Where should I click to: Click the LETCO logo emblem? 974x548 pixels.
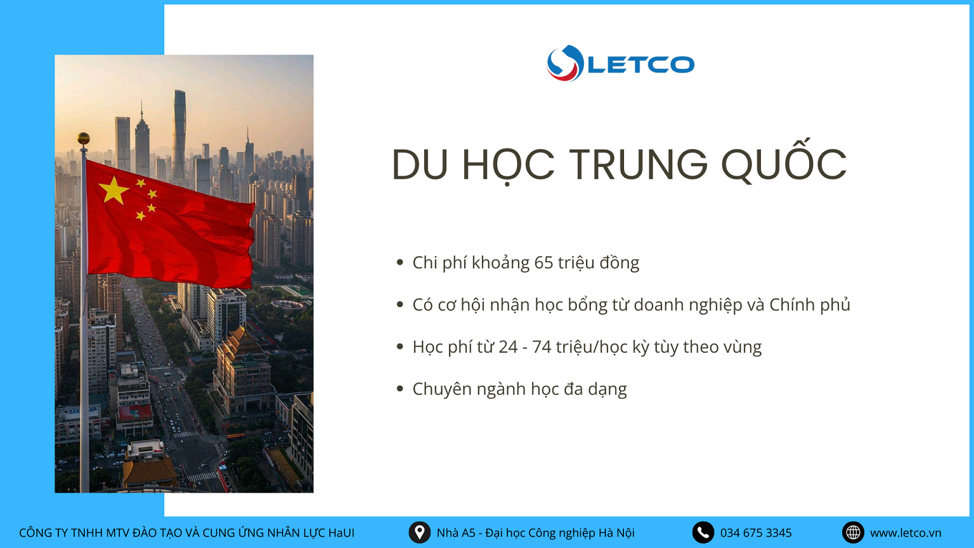click(565, 63)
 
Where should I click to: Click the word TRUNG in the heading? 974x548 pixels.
click(639, 164)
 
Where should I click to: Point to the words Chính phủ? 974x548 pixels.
click(810, 305)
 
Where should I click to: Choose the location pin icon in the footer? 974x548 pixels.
click(420, 532)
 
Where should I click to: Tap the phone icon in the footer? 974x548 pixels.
click(703, 532)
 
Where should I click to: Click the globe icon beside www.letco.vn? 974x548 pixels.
click(853, 532)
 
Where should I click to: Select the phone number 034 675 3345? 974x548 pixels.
click(756, 533)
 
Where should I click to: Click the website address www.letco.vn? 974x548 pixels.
click(906, 533)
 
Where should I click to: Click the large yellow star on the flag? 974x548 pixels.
click(114, 190)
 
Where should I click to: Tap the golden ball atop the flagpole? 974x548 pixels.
click(84, 139)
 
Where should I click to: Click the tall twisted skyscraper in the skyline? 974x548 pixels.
click(179, 135)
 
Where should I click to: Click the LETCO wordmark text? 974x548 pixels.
click(641, 64)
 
